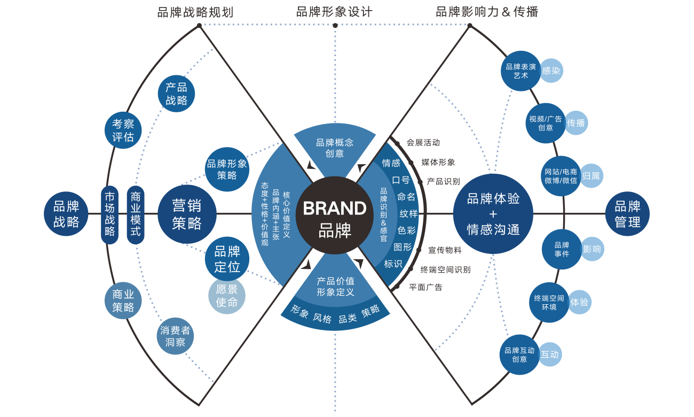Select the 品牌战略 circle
[66, 214]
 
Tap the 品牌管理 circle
[627, 214]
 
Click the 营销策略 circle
[187, 214]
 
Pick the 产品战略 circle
[176, 94]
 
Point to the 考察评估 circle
[123, 130]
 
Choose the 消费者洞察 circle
[176, 336]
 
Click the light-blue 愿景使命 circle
[227, 296]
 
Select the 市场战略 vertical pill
[109, 214]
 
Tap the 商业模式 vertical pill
[136, 214]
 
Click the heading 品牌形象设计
[334, 12]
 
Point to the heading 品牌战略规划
[195, 12]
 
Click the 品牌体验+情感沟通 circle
[493, 214]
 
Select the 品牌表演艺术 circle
[520, 71]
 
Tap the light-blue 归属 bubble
[591, 175]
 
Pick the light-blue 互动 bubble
[550, 354]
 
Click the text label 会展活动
[423, 143]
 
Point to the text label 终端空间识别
[445, 269]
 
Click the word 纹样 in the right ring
[408, 214]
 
